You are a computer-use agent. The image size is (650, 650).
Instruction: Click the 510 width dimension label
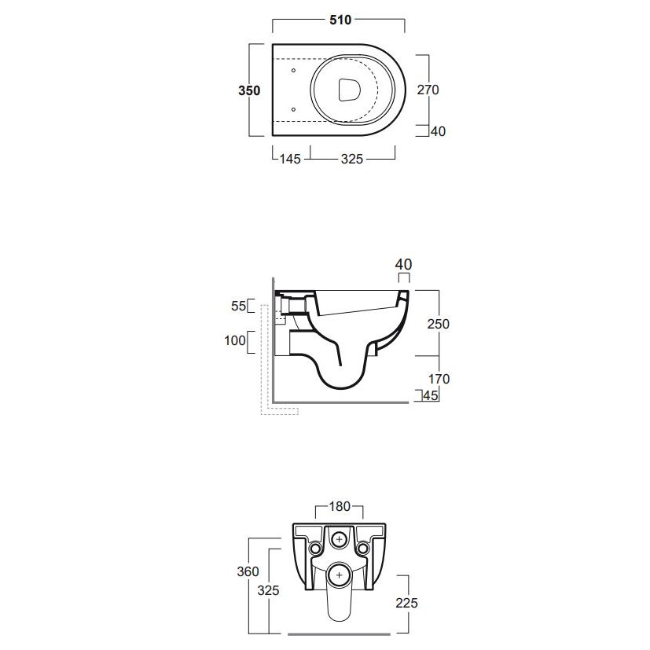(340, 20)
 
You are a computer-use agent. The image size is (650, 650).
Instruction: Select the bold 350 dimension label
(249, 90)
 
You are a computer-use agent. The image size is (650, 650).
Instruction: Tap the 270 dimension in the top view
(428, 90)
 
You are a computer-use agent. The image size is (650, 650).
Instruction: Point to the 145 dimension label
(290, 159)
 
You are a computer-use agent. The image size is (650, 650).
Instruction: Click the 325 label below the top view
(352, 159)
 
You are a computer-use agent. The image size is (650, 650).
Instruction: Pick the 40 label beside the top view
(438, 131)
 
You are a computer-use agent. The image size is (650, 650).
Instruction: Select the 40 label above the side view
(403, 264)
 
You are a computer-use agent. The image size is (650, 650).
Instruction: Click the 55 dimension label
(238, 306)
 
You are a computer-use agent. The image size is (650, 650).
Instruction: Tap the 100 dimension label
(235, 340)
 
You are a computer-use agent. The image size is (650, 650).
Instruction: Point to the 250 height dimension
(438, 324)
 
